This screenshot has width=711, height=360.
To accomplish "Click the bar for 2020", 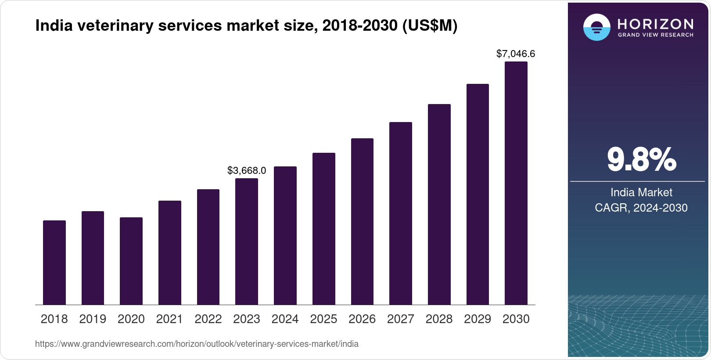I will tap(131, 261).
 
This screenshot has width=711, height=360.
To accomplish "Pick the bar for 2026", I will tap(362, 222).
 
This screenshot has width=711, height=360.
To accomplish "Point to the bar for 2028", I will tap(439, 205).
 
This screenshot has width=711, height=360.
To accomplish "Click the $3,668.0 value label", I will tap(247, 170).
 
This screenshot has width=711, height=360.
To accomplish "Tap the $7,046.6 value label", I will tap(516, 54).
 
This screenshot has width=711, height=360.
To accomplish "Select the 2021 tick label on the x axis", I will tap(169, 319).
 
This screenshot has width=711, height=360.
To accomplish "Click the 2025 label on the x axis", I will tap(323, 319).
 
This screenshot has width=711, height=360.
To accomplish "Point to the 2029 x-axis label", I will tap(478, 319).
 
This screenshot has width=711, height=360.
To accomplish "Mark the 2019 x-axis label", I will tap(93, 319).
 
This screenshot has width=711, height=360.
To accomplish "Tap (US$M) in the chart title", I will tap(430, 26).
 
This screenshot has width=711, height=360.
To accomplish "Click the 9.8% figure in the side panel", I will tap(641, 159).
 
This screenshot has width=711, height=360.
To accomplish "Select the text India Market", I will tap(641, 192).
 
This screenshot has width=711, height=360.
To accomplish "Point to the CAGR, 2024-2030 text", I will tap(641, 208).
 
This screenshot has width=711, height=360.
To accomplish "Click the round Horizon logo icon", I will tap(596, 27).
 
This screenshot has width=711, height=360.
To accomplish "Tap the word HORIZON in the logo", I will tap(656, 24).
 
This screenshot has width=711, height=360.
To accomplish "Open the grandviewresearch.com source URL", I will tap(197, 344).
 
